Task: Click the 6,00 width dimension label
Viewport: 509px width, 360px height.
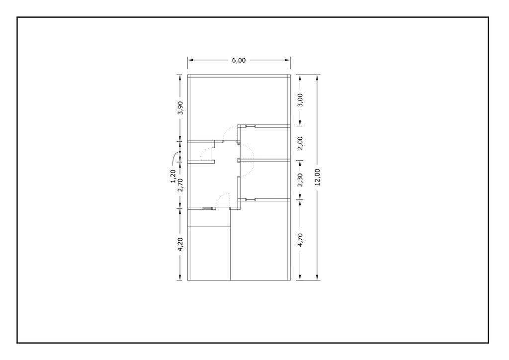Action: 239,60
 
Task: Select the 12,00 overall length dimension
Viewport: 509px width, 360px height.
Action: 318,177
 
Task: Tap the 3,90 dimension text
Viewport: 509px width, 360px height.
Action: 180,108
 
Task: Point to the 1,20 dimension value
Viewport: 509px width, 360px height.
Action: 172,176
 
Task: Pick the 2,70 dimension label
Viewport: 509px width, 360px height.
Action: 180,184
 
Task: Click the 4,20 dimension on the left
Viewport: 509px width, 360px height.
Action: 180,244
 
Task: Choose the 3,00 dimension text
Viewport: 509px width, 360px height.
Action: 300,100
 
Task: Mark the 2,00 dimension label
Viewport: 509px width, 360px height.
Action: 300,143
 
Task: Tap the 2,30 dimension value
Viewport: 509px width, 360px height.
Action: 300,180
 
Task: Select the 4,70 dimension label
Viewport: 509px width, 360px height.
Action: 300,240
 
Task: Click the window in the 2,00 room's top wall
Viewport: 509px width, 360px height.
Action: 251,126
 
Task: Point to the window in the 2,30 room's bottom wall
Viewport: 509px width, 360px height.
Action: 251,199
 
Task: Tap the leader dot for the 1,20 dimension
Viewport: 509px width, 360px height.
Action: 180,152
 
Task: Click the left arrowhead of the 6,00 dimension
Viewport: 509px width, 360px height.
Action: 190,60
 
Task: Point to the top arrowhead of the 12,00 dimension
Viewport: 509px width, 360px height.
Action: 318,78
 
